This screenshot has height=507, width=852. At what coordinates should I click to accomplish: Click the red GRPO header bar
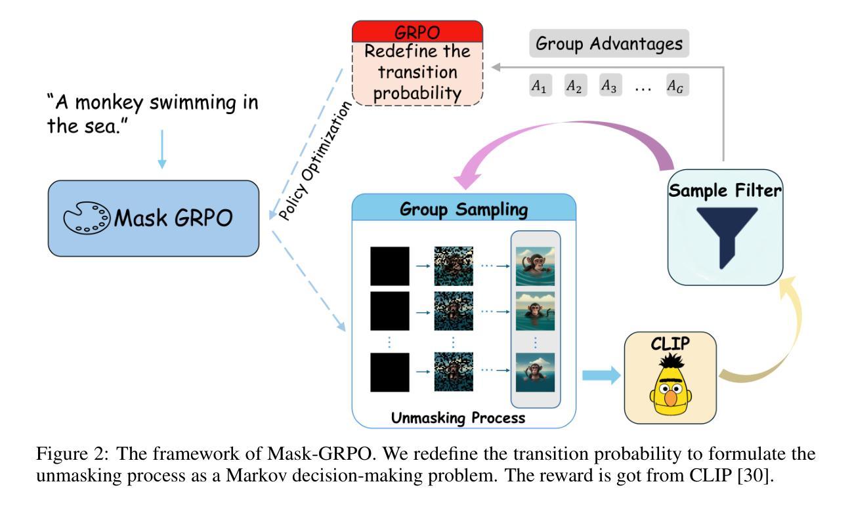[x=417, y=31]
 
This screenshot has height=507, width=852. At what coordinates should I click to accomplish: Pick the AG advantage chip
[x=679, y=85]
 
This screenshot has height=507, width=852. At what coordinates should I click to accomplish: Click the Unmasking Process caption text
[x=458, y=416]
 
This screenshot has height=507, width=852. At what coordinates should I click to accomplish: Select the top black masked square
[x=390, y=266]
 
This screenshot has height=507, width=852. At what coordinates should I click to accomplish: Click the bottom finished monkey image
[x=535, y=372]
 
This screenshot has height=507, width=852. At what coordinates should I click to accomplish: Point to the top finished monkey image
[x=535, y=266]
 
